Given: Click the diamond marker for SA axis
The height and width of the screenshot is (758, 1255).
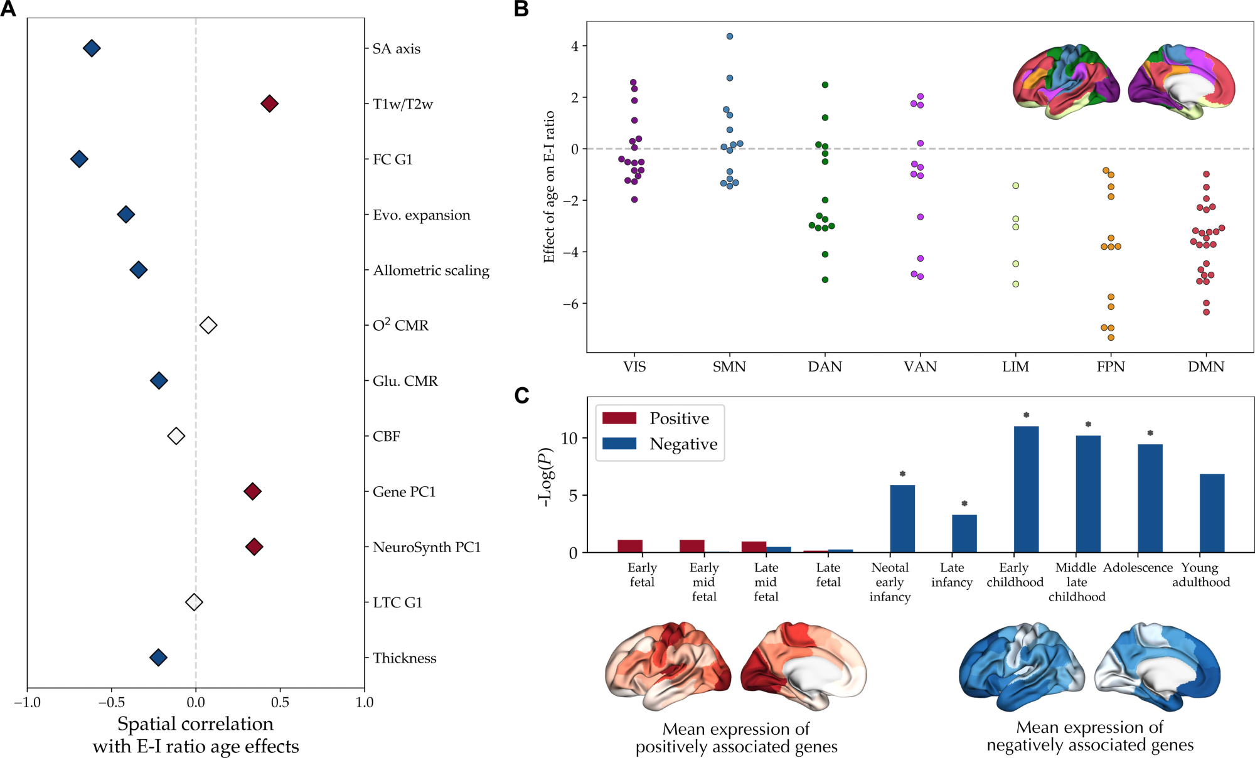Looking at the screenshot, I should click(92, 48).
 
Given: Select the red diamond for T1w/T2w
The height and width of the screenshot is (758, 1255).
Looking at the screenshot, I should click(269, 104).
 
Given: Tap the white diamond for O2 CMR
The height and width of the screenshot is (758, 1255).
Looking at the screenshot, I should click(208, 325).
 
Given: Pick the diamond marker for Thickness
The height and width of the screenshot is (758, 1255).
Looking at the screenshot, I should click(158, 658).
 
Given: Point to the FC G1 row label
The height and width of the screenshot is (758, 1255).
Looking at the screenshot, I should click(393, 159).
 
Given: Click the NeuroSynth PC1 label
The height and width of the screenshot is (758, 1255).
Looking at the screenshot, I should click(427, 547).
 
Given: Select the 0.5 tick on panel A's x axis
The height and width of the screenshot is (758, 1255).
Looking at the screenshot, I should click(280, 702).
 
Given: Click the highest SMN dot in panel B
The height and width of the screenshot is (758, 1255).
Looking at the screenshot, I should click(730, 36).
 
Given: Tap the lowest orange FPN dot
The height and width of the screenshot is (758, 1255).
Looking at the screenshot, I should click(1111, 338).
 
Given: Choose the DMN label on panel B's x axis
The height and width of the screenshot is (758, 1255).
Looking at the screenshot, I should click(1205, 367).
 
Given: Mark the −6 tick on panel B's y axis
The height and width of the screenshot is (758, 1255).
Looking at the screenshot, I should click(570, 304).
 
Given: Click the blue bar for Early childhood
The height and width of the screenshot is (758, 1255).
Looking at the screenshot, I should click(1026, 489).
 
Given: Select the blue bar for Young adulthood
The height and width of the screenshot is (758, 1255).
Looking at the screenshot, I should click(1212, 513).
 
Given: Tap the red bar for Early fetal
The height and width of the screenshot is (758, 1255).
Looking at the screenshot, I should click(630, 546).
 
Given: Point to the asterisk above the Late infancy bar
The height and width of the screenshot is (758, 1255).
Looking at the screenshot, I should click(964, 503).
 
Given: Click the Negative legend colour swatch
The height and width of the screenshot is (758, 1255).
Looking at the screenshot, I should click(619, 444).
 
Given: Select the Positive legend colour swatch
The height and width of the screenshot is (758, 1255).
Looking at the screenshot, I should click(619, 418).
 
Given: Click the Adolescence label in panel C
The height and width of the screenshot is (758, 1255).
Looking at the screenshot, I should click(1138, 567).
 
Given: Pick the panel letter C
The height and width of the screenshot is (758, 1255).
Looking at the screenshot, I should click(521, 395).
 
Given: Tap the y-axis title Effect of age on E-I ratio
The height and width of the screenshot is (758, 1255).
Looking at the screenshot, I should click(549, 186).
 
